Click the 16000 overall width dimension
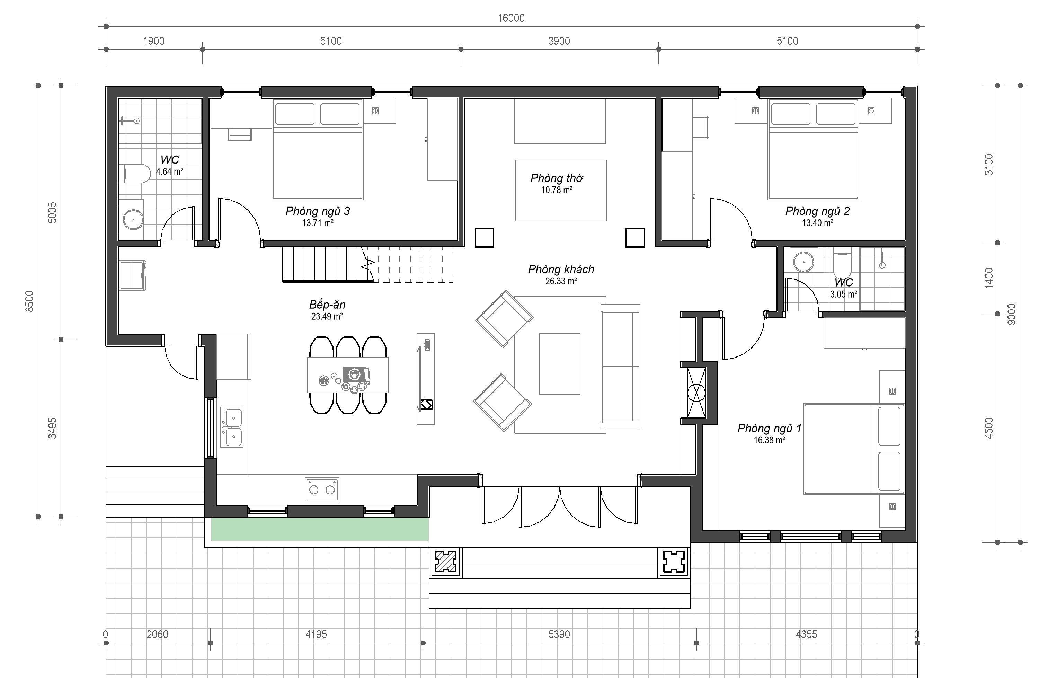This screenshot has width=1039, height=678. [x=511, y=18]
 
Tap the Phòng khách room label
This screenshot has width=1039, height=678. [x=561, y=270]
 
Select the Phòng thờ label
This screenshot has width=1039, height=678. [x=557, y=178]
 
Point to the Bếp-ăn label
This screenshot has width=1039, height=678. [x=327, y=305]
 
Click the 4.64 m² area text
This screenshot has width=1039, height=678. [x=170, y=171]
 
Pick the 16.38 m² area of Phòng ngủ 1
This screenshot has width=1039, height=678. [x=769, y=440]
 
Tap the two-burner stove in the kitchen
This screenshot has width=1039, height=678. [x=322, y=490]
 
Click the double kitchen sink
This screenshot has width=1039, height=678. [x=231, y=428]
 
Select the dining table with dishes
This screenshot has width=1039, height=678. [x=348, y=375]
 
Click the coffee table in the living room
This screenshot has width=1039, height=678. [x=560, y=364]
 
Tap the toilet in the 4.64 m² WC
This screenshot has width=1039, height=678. [x=135, y=173]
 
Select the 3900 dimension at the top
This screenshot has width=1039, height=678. [x=559, y=41]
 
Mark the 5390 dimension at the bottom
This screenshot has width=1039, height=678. [x=559, y=634]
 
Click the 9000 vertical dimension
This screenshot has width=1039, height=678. [x=1012, y=314]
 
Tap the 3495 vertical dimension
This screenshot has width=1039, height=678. [x=52, y=428]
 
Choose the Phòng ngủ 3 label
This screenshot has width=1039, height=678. [x=318, y=211]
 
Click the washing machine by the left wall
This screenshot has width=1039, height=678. [x=133, y=275]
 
